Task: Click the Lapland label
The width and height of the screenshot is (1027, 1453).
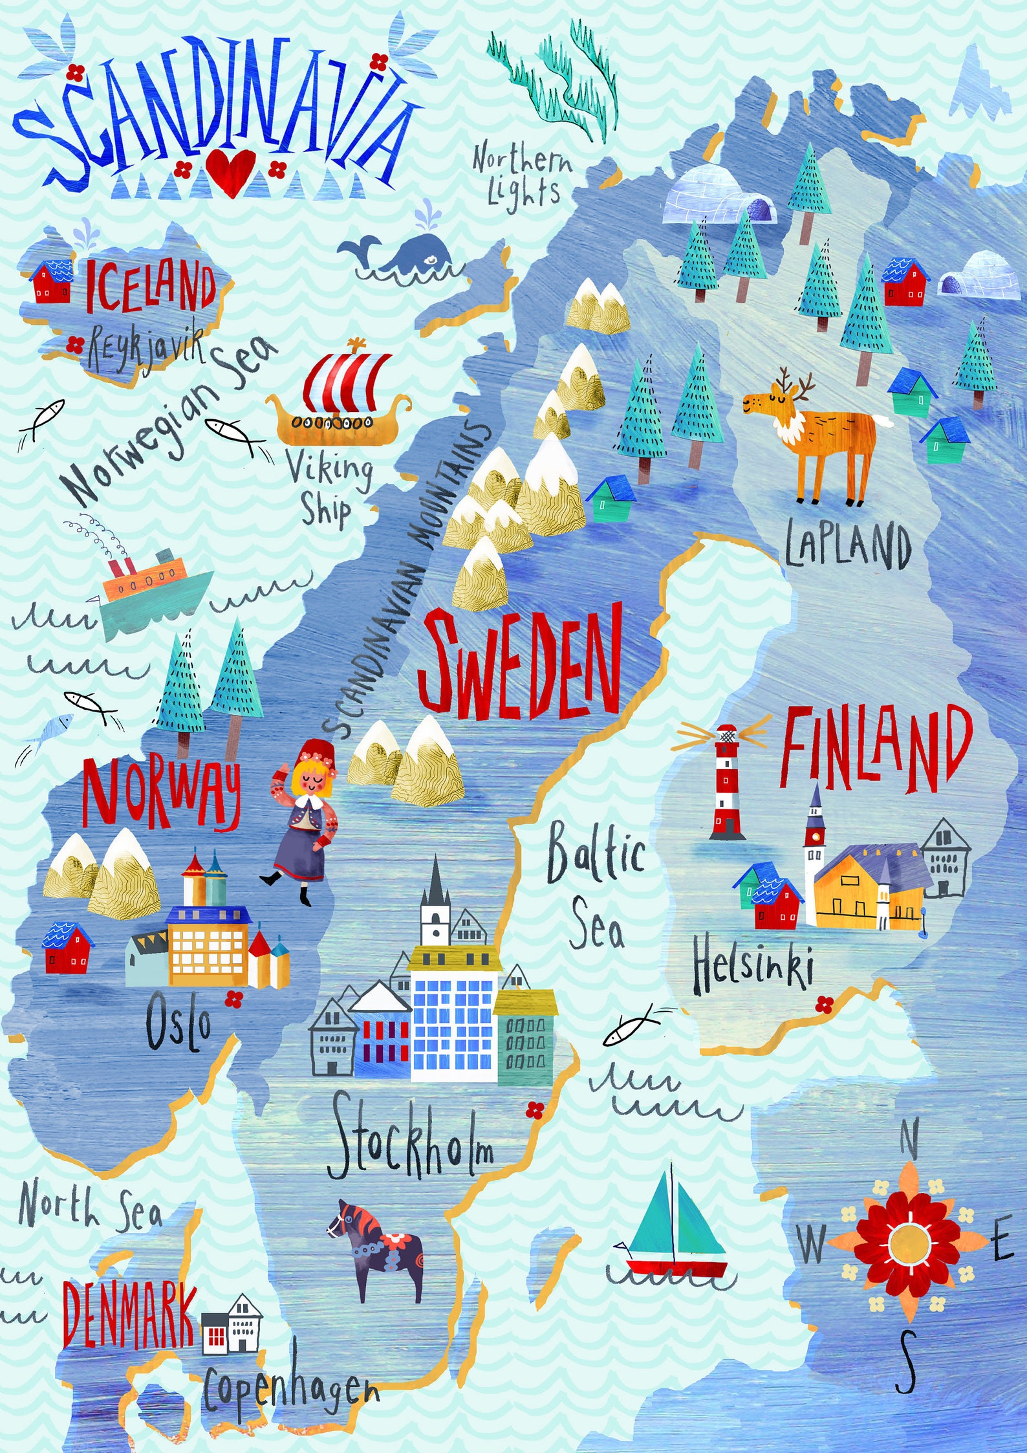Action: click(x=848, y=545)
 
